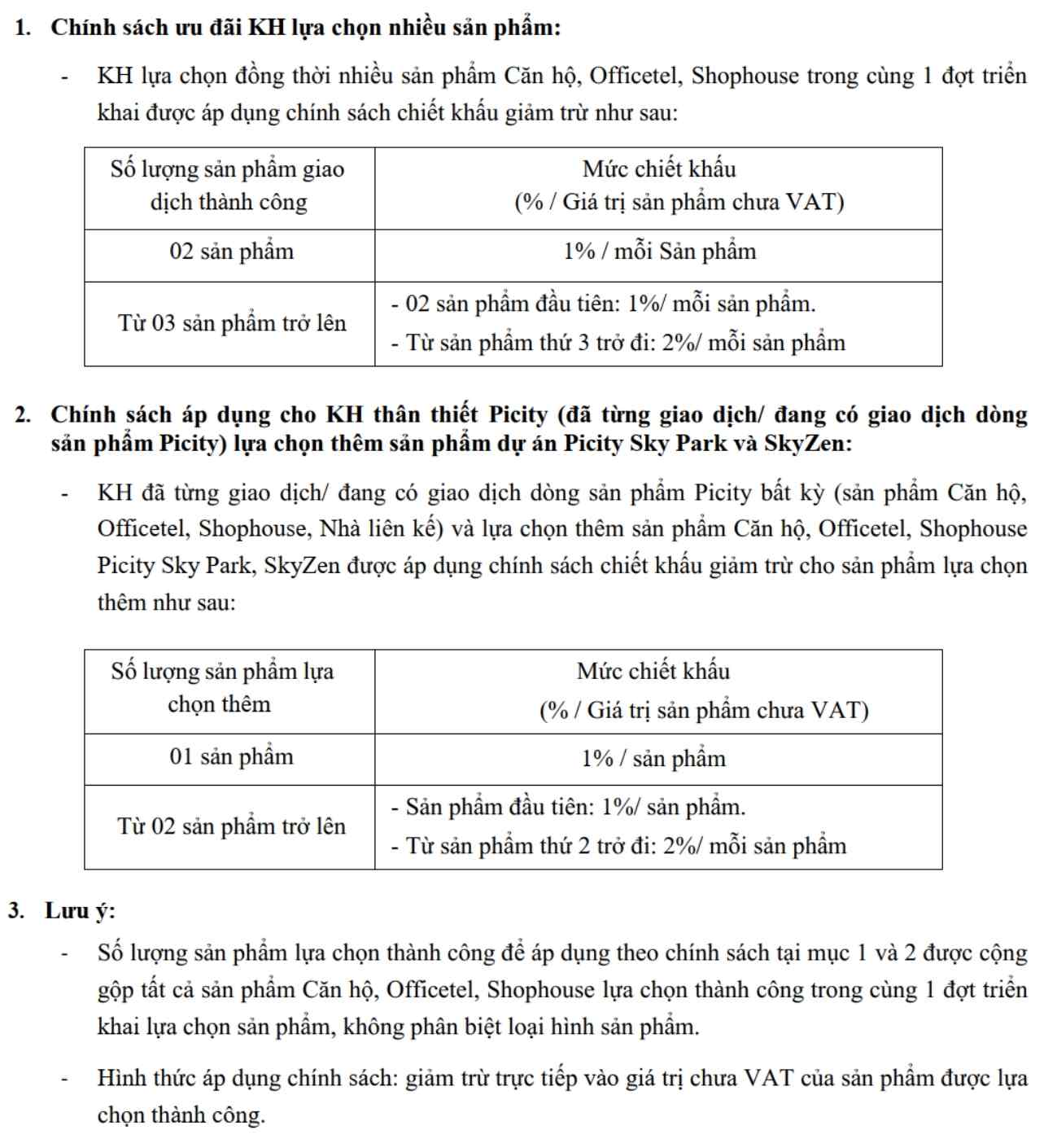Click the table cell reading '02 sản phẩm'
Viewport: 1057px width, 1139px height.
pos(231,252)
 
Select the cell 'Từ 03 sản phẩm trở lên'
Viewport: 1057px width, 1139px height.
pos(232,323)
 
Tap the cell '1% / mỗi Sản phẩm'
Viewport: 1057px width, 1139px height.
pos(659,252)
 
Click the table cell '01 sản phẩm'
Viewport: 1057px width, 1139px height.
pos(231,757)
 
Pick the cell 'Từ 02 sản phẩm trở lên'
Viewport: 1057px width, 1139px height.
pos(232,826)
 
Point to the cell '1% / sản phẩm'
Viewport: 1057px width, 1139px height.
pos(653,759)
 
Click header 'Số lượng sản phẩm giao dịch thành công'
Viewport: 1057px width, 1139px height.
pos(229,186)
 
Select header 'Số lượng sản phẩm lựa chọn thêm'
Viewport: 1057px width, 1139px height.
pos(222,688)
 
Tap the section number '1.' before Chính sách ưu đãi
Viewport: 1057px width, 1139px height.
pos(23,28)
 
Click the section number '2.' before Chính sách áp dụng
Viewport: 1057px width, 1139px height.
pos(23,415)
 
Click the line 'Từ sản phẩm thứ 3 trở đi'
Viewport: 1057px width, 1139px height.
pos(618,343)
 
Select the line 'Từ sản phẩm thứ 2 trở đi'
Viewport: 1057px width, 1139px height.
pos(618,846)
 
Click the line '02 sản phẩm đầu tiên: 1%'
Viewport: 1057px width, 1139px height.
pos(603,304)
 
